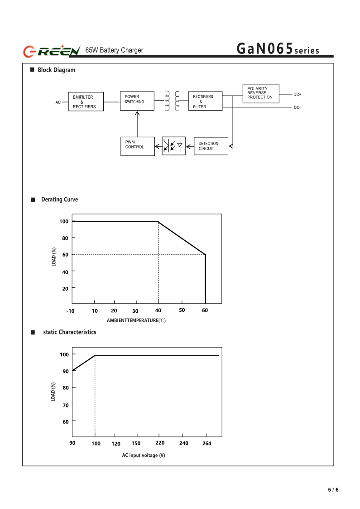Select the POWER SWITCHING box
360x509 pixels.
coord(137,101)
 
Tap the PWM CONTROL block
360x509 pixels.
coord(137,146)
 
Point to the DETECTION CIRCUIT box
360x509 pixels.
coord(211,146)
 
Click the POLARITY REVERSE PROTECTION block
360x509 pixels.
coord(261,93)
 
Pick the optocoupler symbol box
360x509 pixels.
coord(174,146)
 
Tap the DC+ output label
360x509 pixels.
coord(297,94)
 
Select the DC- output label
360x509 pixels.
coord(297,107)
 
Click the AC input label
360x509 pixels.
coord(58,102)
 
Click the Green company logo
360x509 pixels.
coord(52,51)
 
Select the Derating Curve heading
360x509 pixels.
coord(59,199)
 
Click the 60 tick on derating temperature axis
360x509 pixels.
coord(205,310)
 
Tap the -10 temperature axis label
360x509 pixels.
coord(70,311)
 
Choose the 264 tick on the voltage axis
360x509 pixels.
coord(206,443)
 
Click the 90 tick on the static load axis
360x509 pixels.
coord(66,371)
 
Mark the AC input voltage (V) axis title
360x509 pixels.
coord(144,455)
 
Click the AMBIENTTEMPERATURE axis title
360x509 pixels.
coord(136,320)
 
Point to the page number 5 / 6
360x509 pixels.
coord(333,490)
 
